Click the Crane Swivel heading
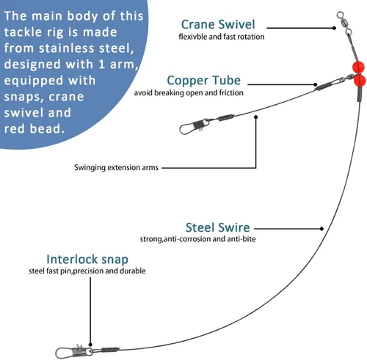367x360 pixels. tap(218, 24)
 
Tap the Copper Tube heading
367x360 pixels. tap(203, 81)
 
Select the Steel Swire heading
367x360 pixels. tap(217, 227)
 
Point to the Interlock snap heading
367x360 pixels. tap(87, 260)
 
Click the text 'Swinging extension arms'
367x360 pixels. tap(116, 168)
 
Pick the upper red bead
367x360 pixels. tap(358, 67)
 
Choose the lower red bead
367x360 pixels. tap(360, 80)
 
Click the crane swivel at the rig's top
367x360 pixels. tap(344, 23)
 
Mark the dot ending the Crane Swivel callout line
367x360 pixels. tap(334, 28)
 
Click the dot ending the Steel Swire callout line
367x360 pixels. tap(321, 229)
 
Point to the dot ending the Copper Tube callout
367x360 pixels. tap(316, 85)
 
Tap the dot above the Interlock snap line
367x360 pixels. tap(90, 345)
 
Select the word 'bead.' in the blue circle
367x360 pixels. tap(47, 128)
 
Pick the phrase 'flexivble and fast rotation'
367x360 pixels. tap(222, 37)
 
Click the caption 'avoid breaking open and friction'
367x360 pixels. tap(189, 93)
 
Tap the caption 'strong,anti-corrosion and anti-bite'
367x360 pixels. tap(197, 239)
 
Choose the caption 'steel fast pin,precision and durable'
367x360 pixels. tap(87, 271)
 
